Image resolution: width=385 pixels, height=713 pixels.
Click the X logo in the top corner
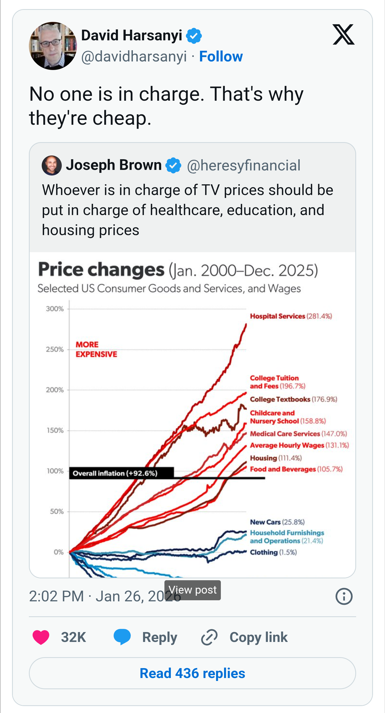(x=344, y=35)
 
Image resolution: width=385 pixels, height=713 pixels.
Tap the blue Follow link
(x=221, y=56)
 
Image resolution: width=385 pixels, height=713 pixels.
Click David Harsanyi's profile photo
(x=53, y=46)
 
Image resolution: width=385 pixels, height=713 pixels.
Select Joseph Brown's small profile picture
(x=52, y=165)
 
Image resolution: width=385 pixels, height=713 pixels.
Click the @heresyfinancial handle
(x=244, y=165)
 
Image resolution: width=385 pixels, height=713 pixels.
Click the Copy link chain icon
(x=209, y=637)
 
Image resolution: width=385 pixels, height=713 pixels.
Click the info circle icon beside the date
(x=344, y=596)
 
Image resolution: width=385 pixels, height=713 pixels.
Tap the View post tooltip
(x=192, y=590)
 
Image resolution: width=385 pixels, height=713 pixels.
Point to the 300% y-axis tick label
(x=55, y=309)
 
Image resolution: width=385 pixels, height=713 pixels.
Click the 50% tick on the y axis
(x=57, y=512)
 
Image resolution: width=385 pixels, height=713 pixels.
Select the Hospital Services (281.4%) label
(x=291, y=316)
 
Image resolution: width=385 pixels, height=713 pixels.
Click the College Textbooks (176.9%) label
(x=293, y=399)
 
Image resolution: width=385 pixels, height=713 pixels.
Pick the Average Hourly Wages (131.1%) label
(x=299, y=445)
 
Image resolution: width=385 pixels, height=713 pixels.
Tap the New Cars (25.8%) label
(x=277, y=522)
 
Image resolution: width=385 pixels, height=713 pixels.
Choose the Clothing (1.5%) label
(x=273, y=552)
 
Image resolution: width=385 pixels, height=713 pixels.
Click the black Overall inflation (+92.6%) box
(x=121, y=473)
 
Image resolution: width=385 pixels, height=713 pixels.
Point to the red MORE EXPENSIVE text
(x=96, y=349)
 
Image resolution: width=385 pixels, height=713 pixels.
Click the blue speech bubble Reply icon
(x=122, y=637)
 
